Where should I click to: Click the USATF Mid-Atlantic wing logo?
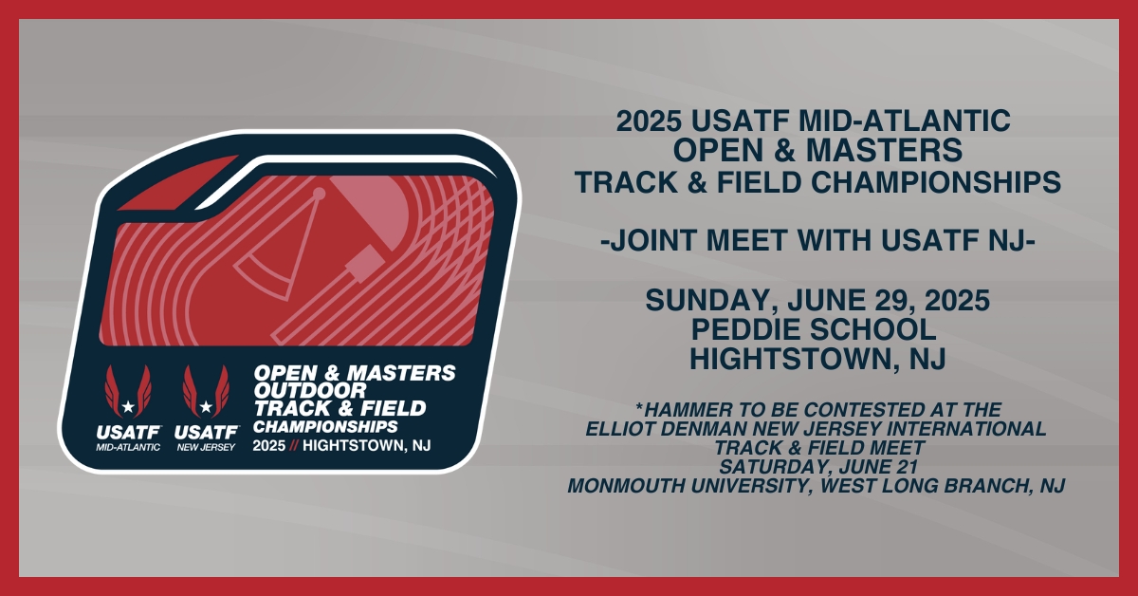pos(128,408)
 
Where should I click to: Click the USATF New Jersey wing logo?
pos(207,408)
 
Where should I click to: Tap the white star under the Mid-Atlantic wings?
pos(128,407)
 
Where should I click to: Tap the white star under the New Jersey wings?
pos(206,407)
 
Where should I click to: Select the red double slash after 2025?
pos(294,445)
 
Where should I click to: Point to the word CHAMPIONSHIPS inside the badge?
pos(325,426)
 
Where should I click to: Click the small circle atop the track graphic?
pos(319,194)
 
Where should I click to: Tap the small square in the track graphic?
pos(364,265)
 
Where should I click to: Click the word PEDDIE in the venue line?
pos(745,329)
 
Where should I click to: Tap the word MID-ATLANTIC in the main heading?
pos(905,121)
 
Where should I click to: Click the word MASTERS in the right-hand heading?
pos(884,151)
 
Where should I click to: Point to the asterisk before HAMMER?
pos(639,407)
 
